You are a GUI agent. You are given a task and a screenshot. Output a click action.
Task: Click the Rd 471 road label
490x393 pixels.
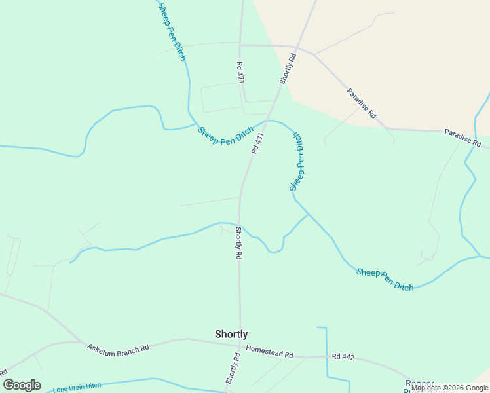[x=240, y=73]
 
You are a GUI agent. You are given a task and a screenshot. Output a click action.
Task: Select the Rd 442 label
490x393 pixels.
[x=343, y=357]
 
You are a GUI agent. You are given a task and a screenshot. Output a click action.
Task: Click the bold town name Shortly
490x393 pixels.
[x=231, y=334]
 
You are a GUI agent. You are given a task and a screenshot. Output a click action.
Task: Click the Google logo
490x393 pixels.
[x=22, y=385]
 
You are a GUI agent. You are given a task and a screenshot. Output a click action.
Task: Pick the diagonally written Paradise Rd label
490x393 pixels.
[x=362, y=103]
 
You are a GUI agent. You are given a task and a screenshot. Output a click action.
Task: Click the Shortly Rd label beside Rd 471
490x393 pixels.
[x=288, y=68]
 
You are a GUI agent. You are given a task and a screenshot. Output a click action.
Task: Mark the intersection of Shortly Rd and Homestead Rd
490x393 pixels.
[x=240, y=346]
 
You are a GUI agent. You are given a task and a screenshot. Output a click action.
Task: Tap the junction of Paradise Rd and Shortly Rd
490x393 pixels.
[x=297, y=47]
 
